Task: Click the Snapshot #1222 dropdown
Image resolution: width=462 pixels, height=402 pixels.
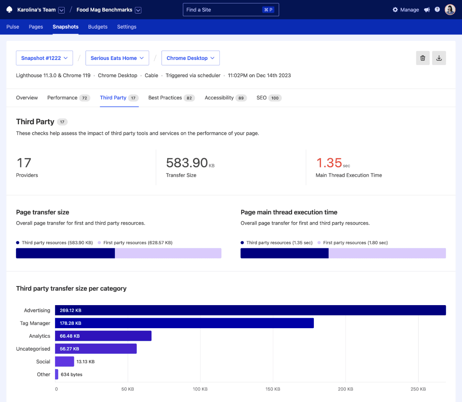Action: click(x=44, y=58)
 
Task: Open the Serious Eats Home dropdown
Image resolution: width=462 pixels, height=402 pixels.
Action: click(x=117, y=58)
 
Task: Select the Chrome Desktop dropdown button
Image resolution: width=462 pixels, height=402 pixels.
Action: click(x=190, y=58)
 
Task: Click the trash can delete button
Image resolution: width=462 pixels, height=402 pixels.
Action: click(x=422, y=58)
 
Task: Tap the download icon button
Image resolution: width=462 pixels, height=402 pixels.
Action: click(x=439, y=58)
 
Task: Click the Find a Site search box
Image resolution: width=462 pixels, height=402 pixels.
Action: click(x=231, y=10)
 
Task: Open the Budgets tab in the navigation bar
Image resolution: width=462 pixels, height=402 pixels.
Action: click(x=98, y=27)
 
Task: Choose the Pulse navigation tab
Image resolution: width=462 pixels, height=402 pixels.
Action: click(x=13, y=27)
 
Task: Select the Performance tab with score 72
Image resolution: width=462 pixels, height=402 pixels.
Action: click(x=68, y=98)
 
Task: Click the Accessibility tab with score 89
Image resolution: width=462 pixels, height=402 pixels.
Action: click(x=225, y=98)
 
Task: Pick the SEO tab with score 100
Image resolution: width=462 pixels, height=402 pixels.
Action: click(x=269, y=98)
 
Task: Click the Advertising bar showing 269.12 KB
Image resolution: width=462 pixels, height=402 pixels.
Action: click(x=250, y=310)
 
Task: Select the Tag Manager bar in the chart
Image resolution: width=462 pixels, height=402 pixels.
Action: click(x=184, y=323)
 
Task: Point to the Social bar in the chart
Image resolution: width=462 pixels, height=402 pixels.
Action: click(x=64, y=362)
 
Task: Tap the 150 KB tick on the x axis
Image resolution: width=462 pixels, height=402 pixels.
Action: click(x=273, y=389)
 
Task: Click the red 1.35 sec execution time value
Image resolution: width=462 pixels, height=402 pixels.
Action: click(x=329, y=163)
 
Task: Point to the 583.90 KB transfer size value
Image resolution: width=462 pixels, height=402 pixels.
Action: click(x=187, y=163)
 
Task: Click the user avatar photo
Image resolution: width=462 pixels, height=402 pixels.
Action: click(x=450, y=10)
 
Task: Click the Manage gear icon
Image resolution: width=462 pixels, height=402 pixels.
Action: click(x=395, y=10)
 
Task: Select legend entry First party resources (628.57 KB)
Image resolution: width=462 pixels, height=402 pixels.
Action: click(x=138, y=243)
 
